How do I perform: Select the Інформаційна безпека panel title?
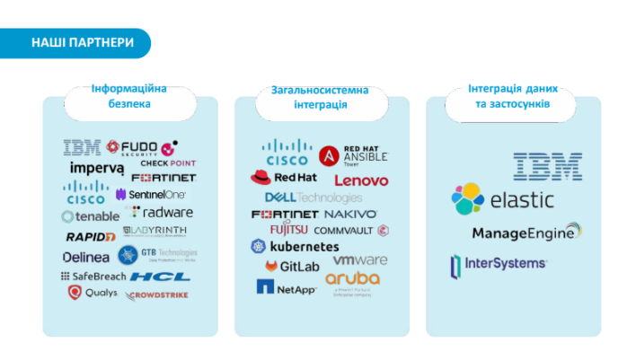click(129, 97)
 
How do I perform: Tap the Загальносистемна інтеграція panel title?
click(320, 98)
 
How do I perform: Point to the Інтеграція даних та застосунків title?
click(513, 97)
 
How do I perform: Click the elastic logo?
click(503, 199)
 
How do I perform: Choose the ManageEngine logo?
click(526, 233)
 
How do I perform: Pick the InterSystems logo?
click(499, 264)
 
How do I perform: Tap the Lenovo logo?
click(361, 180)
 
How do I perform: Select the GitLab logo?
click(292, 267)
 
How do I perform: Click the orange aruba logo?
click(352, 279)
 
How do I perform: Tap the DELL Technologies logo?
click(313, 198)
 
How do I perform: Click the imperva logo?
click(96, 168)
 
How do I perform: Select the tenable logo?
click(90, 216)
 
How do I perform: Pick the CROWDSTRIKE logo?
click(158, 294)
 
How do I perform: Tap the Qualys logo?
click(93, 293)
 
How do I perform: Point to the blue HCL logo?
click(160, 277)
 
